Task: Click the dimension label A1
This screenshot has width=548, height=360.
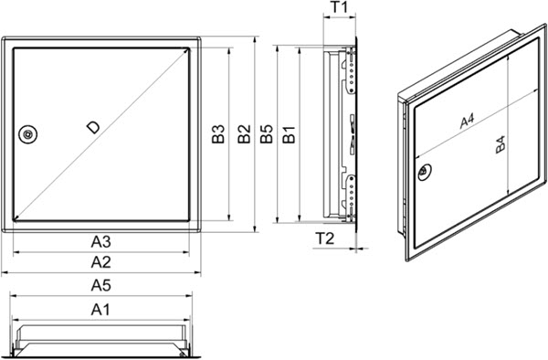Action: click(101, 310)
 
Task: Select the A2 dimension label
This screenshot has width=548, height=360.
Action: click(101, 262)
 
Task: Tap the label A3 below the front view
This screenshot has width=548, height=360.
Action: click(101, 241)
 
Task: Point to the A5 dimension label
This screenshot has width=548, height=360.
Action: click(101, 285)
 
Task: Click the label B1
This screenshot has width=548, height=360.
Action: click(288, 135)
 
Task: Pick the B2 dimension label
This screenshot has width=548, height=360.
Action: click(242, 135)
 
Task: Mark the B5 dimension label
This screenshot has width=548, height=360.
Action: click(265, 135)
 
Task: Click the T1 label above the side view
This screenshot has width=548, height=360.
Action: click(339, 8)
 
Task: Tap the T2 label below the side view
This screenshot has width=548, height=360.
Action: click(324, 239)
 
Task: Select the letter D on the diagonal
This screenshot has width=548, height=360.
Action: click(92, 127)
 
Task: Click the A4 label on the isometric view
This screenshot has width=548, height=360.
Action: click(466, 120)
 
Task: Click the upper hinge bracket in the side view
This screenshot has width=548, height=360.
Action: click(349, 73)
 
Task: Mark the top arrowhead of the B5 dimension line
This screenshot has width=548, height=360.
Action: click(276, 40)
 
